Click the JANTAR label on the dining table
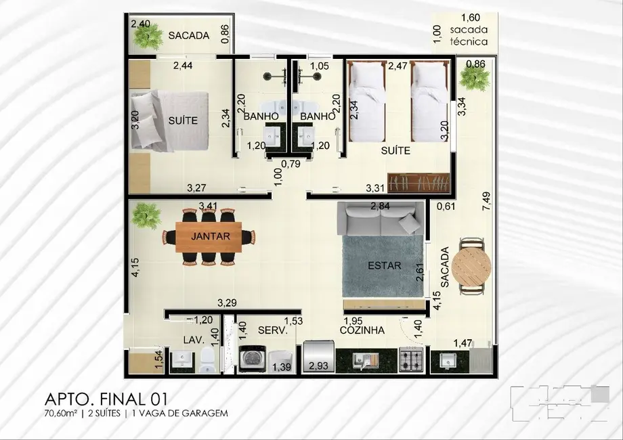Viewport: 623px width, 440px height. [211, 237]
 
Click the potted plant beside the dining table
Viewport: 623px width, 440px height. [147, 217]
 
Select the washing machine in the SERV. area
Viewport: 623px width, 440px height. [252, 359]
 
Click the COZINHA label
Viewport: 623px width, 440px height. [363, 331]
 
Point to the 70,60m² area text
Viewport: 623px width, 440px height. [60, 413]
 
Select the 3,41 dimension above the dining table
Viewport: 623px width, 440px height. [208, 205]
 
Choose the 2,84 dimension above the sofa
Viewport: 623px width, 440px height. [381, 206]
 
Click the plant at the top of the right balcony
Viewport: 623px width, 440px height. [474, 77]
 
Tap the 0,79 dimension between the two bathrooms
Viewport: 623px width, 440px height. [290, 162]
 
